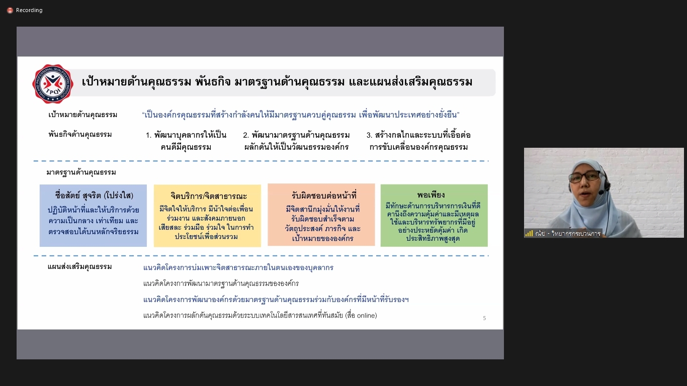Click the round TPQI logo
[53, 84]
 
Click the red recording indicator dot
[10, 11]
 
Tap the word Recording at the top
[29, 10]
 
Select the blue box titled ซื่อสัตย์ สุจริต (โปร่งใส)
[93, 216]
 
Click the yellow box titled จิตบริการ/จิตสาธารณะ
[207, 216]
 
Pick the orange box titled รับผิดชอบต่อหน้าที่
[321, 215]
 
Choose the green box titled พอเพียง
[434, 215]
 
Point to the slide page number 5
[484, 318]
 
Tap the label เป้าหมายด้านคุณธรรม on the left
[83, 115]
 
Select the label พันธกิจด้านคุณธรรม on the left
[80, 134]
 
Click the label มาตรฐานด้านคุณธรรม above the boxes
[81, 172]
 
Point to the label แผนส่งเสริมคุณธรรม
[80, 266]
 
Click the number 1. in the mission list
[148, 135]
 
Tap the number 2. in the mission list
[246, 135]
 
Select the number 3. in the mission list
[369, 135]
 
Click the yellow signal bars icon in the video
[529, 234]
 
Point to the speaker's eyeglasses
[584, 176]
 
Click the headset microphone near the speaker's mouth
[603, 192]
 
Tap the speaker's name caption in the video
[567, 233]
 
